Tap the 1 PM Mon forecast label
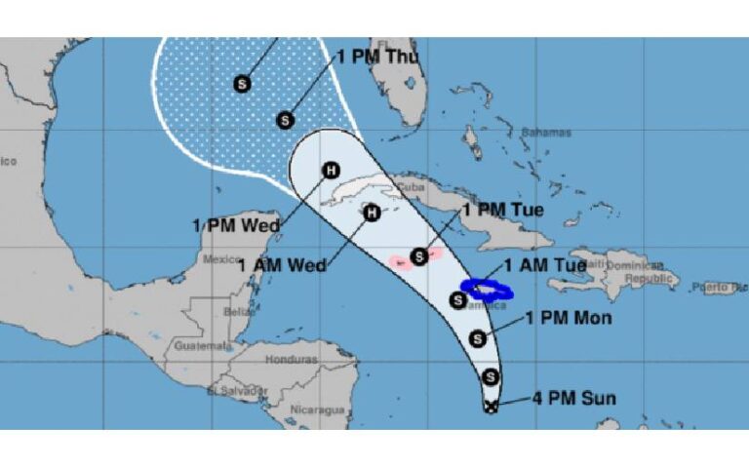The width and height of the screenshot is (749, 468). (x=568, y=318)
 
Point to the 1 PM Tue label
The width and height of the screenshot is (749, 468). (x=502, y=209)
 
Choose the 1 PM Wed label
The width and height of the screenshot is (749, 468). (x=235, y=226)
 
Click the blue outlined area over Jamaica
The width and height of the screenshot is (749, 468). (x=487, y=289)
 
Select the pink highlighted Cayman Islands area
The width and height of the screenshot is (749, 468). (x=402, y=261)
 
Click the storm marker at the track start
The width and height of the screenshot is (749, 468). (x=491, y=406)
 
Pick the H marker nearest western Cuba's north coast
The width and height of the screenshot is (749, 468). (x=331, y=171)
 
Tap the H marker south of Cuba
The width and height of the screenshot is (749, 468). (x=371, y=212)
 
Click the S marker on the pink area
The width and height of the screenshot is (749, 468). (x=419, y=256)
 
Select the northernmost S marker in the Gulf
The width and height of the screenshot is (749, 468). (x=242, y=84)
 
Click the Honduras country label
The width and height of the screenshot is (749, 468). (x=293, y=359)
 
